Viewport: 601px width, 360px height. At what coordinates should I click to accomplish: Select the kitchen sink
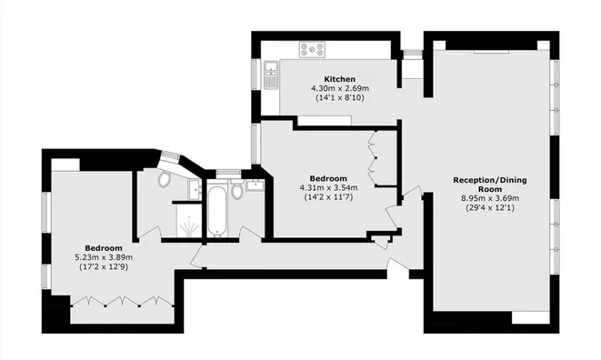271,71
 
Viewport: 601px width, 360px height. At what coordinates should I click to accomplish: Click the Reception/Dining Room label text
490,185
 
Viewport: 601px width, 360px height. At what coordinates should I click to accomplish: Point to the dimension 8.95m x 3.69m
489,197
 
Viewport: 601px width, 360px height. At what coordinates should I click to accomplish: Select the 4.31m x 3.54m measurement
327,187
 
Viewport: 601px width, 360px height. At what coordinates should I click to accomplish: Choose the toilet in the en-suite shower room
164,179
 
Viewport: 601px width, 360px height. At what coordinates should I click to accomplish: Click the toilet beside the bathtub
236,192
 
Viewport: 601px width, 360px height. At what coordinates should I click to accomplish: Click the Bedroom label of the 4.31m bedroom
327,177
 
